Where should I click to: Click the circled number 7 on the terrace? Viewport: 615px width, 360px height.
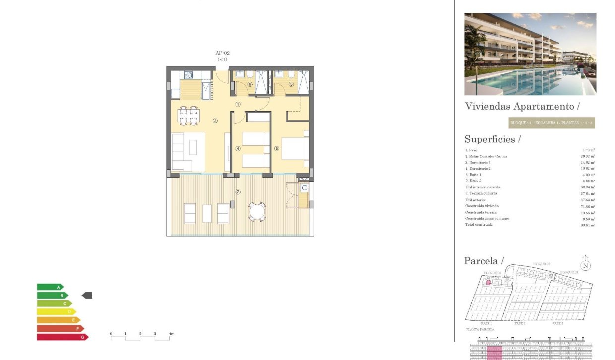click(x=238, y=192)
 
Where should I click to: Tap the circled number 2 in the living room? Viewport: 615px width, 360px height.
click(x=215, y=120)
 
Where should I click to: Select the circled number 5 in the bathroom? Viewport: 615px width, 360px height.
click(x=291, y=84)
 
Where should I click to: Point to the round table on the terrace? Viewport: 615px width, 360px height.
click(x=257, y=212)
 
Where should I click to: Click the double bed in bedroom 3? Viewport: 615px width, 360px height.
click(x=295, y=148)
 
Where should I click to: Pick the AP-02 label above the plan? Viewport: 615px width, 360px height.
click(x=222, y=53)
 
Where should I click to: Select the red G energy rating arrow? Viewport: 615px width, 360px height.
click(x=62, y=337)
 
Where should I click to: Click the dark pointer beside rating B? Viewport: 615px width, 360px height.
click(x=87, y=295)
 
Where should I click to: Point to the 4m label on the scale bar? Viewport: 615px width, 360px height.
click(x=171, y=334)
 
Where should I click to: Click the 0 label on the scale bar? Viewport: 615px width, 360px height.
click(x=111, y=333)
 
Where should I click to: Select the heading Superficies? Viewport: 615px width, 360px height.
click(x=492, y=139)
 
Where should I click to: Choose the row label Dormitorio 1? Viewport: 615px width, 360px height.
click(x=478, y=163)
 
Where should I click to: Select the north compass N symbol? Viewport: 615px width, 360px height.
click(x=586, y=265)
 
